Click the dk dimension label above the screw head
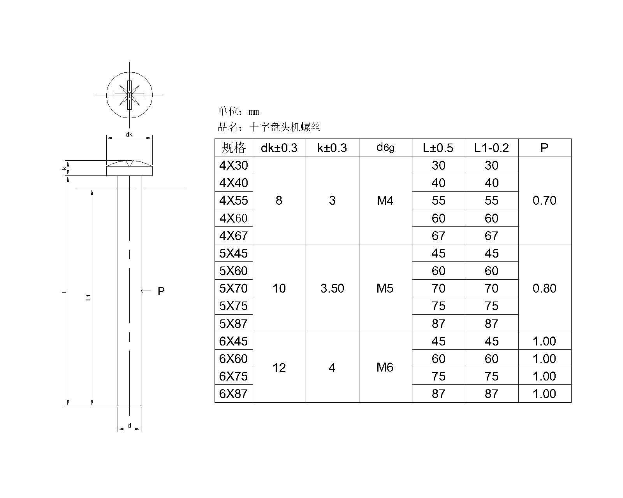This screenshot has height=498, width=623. pyautogui.click(x=129, y=135)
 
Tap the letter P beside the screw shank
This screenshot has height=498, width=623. pyautogui.click(x=161, y=291)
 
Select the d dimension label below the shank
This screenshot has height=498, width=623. pyautogui.click(x=129, y=426)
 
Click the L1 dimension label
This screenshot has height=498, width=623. pyautogui.click(x=88, y=298)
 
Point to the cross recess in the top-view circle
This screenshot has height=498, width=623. pyautogui.click(x=129, y=95)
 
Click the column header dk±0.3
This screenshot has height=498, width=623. pyautogui.click(x=279, y=148)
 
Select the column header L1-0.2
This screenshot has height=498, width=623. pyautogui.click(x=491, y=148)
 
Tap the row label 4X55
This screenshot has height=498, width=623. pyautogui.click(x=234, y=201)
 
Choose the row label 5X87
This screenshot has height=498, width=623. pyautogui.click(x=234, y=324)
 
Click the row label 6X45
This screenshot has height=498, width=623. pyautogui.click(x=234, y=341)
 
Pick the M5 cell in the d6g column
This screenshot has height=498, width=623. pyautogui.click(x=385, y=288)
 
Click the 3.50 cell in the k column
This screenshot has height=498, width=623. pyautogui.click(x=332, y=288)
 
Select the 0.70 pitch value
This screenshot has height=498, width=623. pyautogui.click(x=544, y=201)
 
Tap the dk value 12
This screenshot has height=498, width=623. pyautogui.click(x=279, y=368)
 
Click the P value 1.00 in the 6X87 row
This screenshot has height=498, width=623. pyautogui.click(x=544, y=394)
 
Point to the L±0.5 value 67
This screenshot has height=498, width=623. pyautogui.click(x=438, y=236)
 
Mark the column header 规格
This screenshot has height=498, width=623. pyautogui.click(x=234, y=148)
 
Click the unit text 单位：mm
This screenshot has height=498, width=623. pyautogui.click(x=238, y=112)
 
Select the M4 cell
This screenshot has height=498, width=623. pyautogui.click(x=385, y=201)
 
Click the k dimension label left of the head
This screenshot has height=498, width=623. pyautogui.click(x=63, y=168)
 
